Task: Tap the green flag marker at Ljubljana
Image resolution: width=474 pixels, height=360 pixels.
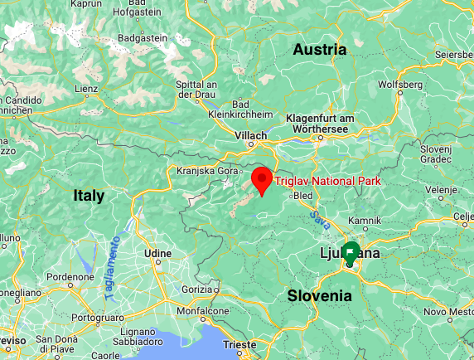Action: pos(351,253)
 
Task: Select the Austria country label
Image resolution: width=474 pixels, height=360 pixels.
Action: pos(320,50)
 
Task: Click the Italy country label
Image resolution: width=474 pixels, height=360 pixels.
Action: pos(89,196)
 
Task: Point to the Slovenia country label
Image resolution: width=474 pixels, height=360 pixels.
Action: pos(320,295)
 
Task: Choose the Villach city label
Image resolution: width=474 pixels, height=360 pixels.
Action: pos(251,134)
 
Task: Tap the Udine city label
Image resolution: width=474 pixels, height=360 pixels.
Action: pos(157,252)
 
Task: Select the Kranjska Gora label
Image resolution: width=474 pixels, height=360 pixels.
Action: pos(201,170)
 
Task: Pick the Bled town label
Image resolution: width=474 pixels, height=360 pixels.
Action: pos(303,196)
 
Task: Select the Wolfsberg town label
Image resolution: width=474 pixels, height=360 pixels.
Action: pos(399,85)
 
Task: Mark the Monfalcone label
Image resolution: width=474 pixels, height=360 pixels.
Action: pos(202,310)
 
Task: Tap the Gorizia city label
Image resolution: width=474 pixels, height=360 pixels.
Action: pos(197,288)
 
